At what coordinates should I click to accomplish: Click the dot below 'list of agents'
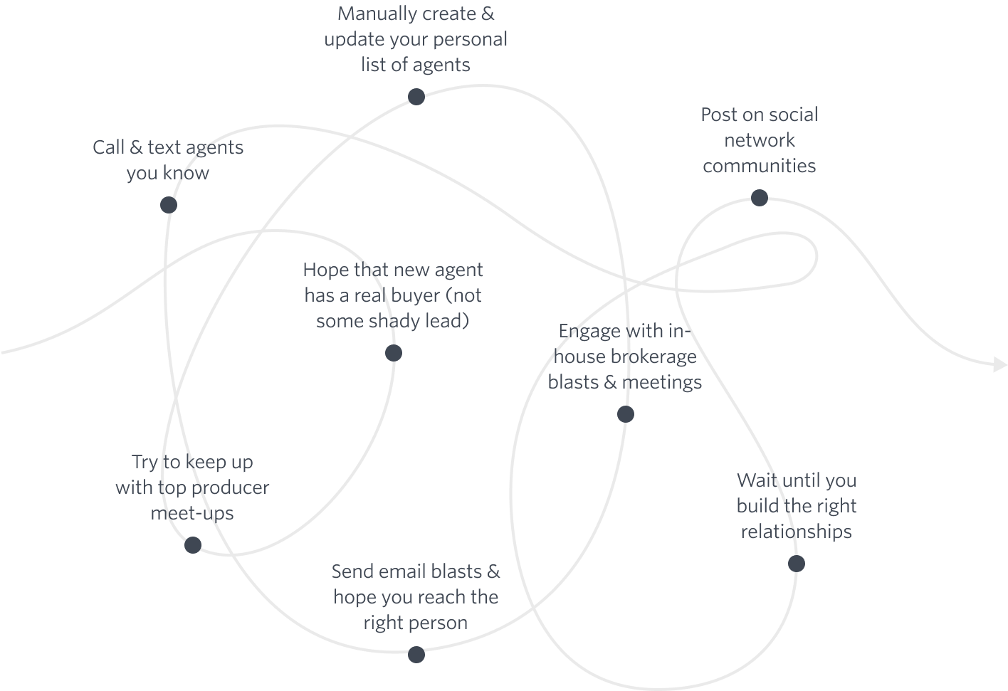416,97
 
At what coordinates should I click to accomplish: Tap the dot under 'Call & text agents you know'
169,205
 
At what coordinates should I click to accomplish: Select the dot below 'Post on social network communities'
760,197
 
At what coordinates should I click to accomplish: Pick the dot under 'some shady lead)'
393,353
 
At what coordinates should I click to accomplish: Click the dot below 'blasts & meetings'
626,414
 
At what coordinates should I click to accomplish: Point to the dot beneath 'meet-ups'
193,545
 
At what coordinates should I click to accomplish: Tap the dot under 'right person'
416,654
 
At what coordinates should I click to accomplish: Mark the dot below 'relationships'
797,564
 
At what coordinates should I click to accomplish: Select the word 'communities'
759,166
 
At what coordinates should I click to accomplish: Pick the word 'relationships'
796,532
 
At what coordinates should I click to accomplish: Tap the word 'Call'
109,147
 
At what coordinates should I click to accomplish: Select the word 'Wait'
755,480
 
